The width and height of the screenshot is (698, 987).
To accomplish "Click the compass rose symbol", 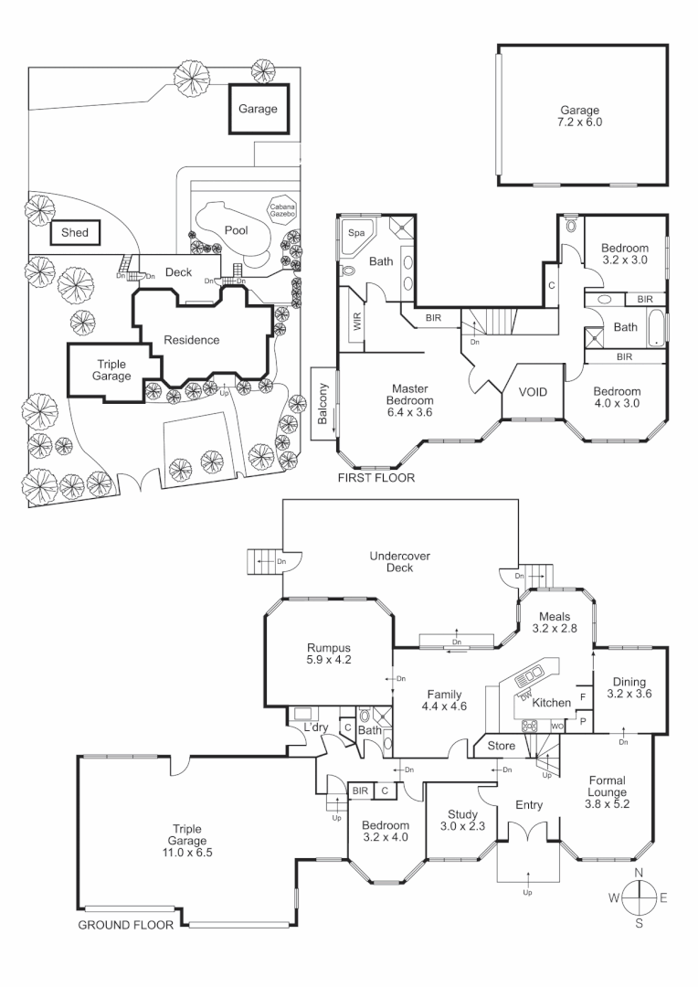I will tap(639, 898).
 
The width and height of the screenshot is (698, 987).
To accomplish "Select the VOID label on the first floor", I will tap(533, 392).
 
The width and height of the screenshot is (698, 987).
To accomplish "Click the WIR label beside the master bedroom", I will tap(355, 321).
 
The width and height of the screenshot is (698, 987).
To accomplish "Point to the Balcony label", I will tap(323, 404).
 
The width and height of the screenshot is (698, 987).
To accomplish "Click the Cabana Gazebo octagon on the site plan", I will tap(281, 211).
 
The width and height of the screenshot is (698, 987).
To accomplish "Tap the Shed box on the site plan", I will tap(75, 233).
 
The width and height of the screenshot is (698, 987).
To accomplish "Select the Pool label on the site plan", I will tap(237, 230).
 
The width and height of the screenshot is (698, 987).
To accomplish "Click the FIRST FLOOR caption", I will tap(376, 477).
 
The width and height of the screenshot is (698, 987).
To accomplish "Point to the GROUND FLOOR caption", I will tap(125, 924).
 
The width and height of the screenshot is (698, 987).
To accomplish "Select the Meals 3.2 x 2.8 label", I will tap(555, 622).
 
